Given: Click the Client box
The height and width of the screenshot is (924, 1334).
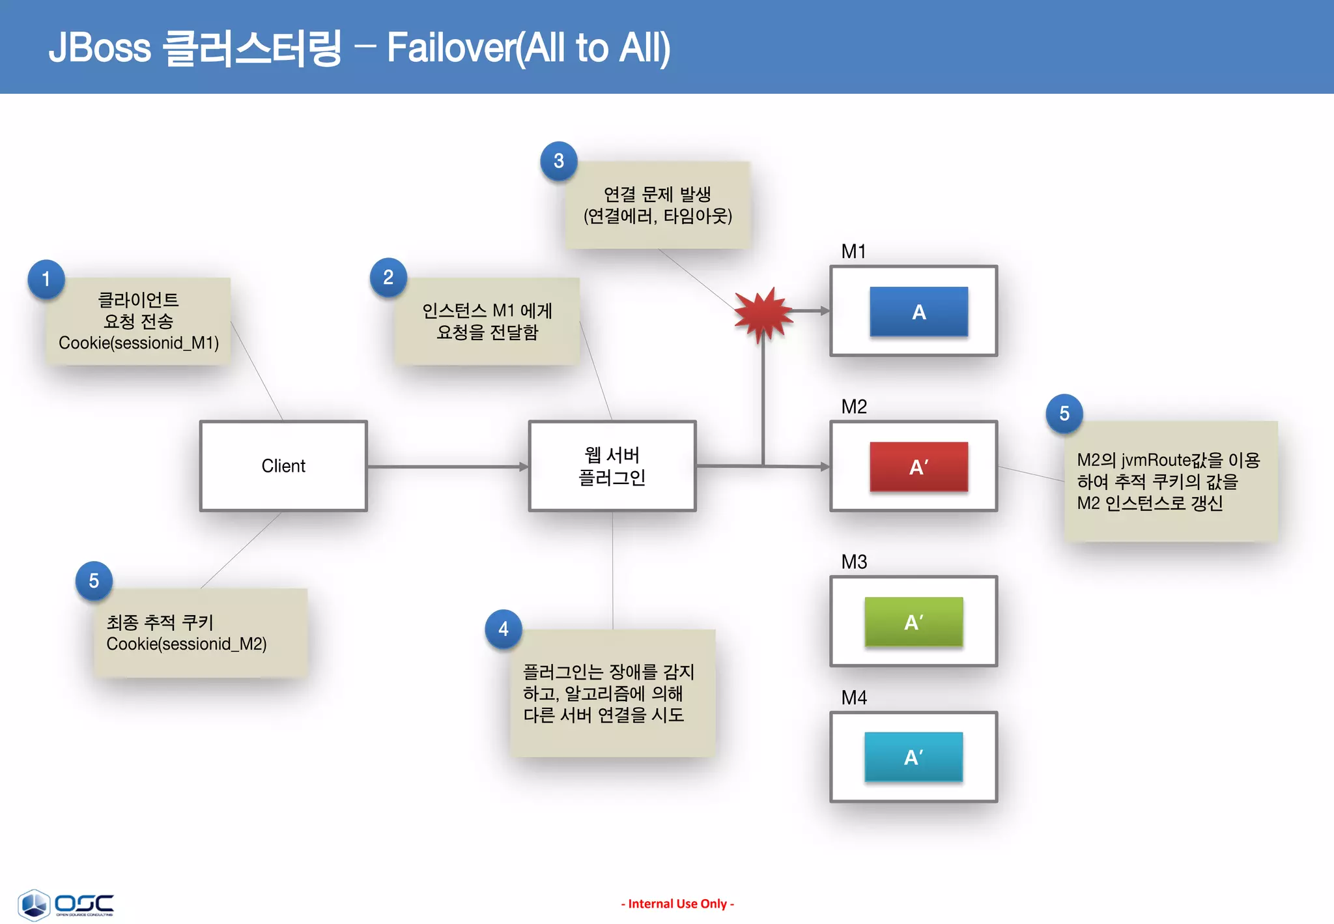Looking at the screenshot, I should point(283,466).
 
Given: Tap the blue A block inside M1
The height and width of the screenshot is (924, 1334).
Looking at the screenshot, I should point(918,311).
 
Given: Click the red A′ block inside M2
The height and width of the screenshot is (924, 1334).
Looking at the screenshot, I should point(918,467).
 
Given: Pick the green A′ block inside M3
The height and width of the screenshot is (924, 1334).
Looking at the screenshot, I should point(913,622).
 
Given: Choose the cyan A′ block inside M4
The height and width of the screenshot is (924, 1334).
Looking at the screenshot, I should point(913,757).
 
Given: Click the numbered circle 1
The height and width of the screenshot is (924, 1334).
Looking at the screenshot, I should point(46,279).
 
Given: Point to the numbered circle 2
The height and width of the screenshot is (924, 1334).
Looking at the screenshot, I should point(388,278).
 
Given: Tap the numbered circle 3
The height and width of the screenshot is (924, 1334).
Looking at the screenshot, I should point(559,161).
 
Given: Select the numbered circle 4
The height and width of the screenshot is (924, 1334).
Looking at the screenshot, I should point(504,629).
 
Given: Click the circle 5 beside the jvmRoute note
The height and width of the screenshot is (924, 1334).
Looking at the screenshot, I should point(1064,413).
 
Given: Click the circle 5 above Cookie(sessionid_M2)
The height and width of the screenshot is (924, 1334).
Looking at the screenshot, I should point(94,581).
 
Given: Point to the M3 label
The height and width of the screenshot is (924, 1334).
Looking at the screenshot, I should point(854,562).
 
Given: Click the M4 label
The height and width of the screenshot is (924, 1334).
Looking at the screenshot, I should point(854,698).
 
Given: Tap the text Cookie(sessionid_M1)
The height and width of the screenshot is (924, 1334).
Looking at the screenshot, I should point(139,343).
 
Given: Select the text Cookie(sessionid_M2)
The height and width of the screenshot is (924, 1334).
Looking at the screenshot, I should point(186,644).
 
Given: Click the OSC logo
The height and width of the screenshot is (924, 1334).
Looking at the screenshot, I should point(65,904).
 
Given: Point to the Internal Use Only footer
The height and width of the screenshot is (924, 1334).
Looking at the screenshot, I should point(677,904).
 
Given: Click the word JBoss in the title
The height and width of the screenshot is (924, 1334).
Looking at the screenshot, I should point(100,48).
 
